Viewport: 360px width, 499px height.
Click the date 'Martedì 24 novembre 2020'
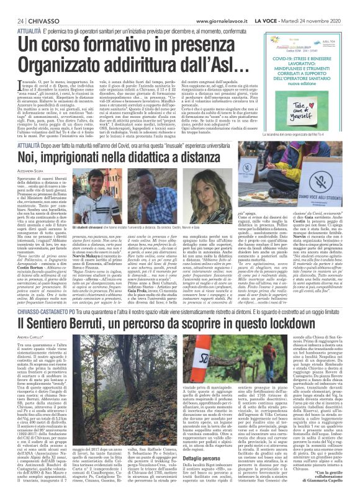coord(323,5)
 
